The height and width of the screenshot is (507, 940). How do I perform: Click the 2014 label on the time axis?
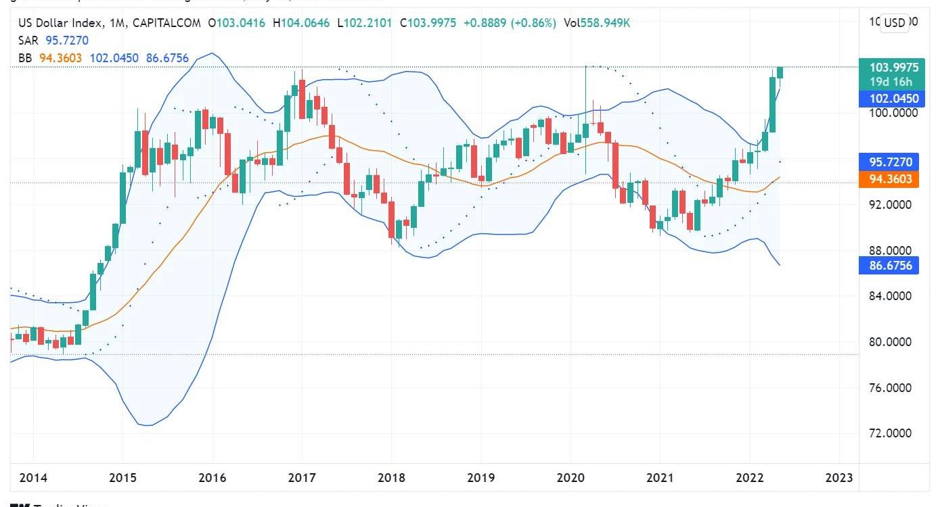pyautogui.click(x=33, y=478)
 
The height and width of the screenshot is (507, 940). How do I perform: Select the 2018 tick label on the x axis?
pyautogui.click(x=391, y=478)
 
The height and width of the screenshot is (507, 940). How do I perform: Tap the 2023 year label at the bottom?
pyautogui.click(x=838, y=478)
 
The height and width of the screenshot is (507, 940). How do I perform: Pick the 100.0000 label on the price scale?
pyautogui.click(x=893, y=113)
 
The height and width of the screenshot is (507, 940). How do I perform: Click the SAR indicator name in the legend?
pyautogui.click(x=28, y=41)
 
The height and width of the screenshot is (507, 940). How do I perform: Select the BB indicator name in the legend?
pyautogui.click(x=25, y=58)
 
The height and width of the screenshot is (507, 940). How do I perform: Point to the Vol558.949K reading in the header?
pyautogui.click(x=597, y=23)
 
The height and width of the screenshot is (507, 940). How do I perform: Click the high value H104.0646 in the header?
pyautogui.click(x=301, y=23)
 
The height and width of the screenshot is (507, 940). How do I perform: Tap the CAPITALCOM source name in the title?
pyautogui.click(x=166, y=23)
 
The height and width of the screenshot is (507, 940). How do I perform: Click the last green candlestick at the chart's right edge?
pyautogui.click(x=780, y=72)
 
